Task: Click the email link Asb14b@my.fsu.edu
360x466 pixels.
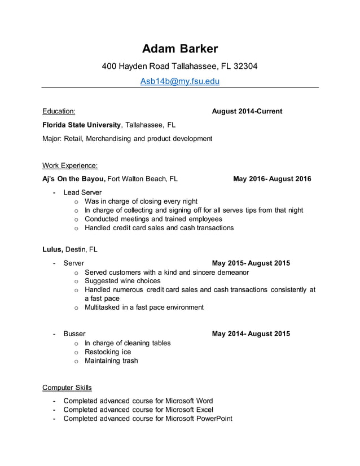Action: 179,81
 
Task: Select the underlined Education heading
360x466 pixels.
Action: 59,111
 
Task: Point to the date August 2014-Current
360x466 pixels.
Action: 247,111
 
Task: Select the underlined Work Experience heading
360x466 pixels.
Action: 70,165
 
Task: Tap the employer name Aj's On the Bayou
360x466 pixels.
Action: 73,179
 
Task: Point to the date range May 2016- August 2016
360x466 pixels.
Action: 272,179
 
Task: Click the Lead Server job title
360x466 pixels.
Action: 82,192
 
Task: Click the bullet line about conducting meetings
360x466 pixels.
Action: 153,219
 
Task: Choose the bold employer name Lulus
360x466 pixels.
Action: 52,249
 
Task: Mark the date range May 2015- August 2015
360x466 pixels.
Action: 251,263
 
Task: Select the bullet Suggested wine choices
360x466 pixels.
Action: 122,281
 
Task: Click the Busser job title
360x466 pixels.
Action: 74,333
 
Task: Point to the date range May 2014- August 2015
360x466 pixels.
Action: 251,333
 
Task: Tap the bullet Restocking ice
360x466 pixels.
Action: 107,351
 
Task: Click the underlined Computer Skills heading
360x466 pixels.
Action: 67,388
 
